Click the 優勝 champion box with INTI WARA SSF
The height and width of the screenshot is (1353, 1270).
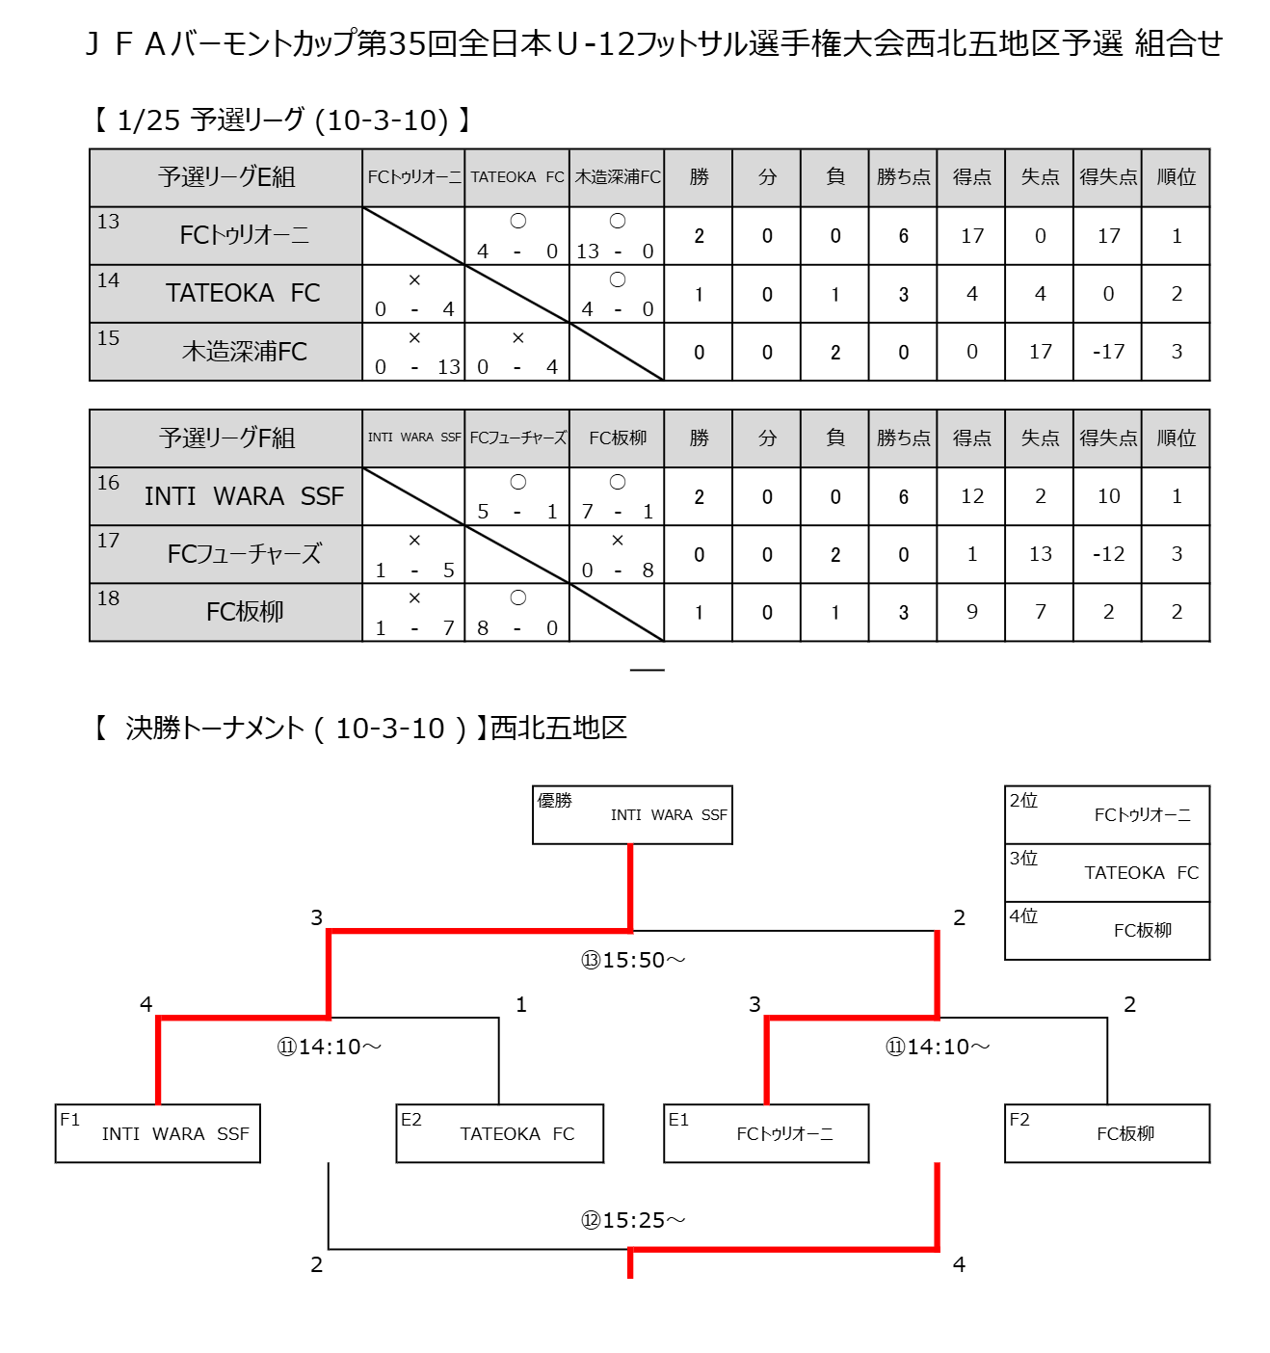[632, 814]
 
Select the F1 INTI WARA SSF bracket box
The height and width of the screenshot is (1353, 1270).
[158, 1133]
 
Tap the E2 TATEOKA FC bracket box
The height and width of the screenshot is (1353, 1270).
[499, 1133]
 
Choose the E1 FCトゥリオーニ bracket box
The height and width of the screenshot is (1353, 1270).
[766, 1133]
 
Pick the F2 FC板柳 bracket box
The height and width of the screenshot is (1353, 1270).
[1107, 1133]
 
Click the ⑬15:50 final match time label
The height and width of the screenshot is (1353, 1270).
[633, 960]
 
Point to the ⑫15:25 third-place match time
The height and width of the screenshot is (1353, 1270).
[633, 1220]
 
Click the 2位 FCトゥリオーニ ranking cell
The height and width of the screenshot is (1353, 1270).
[1107, 814]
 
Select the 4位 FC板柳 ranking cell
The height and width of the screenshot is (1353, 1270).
[1107, 930]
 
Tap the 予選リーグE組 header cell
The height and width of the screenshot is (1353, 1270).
[226, 177]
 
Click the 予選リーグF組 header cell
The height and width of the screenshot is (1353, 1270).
[226, 438]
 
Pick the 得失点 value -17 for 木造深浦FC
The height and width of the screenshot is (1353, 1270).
[1108, 352]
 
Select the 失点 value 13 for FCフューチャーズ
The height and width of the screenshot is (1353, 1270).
[1040, 554]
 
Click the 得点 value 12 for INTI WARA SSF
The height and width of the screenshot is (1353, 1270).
[971, 496]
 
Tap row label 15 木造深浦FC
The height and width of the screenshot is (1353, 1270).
[226, 352]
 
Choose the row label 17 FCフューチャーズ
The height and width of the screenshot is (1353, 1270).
[226, 554]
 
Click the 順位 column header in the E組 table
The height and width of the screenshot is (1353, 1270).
[1176, 177]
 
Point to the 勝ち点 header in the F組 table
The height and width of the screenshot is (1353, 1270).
[903, 438]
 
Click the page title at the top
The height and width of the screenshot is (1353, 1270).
[653, 43]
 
